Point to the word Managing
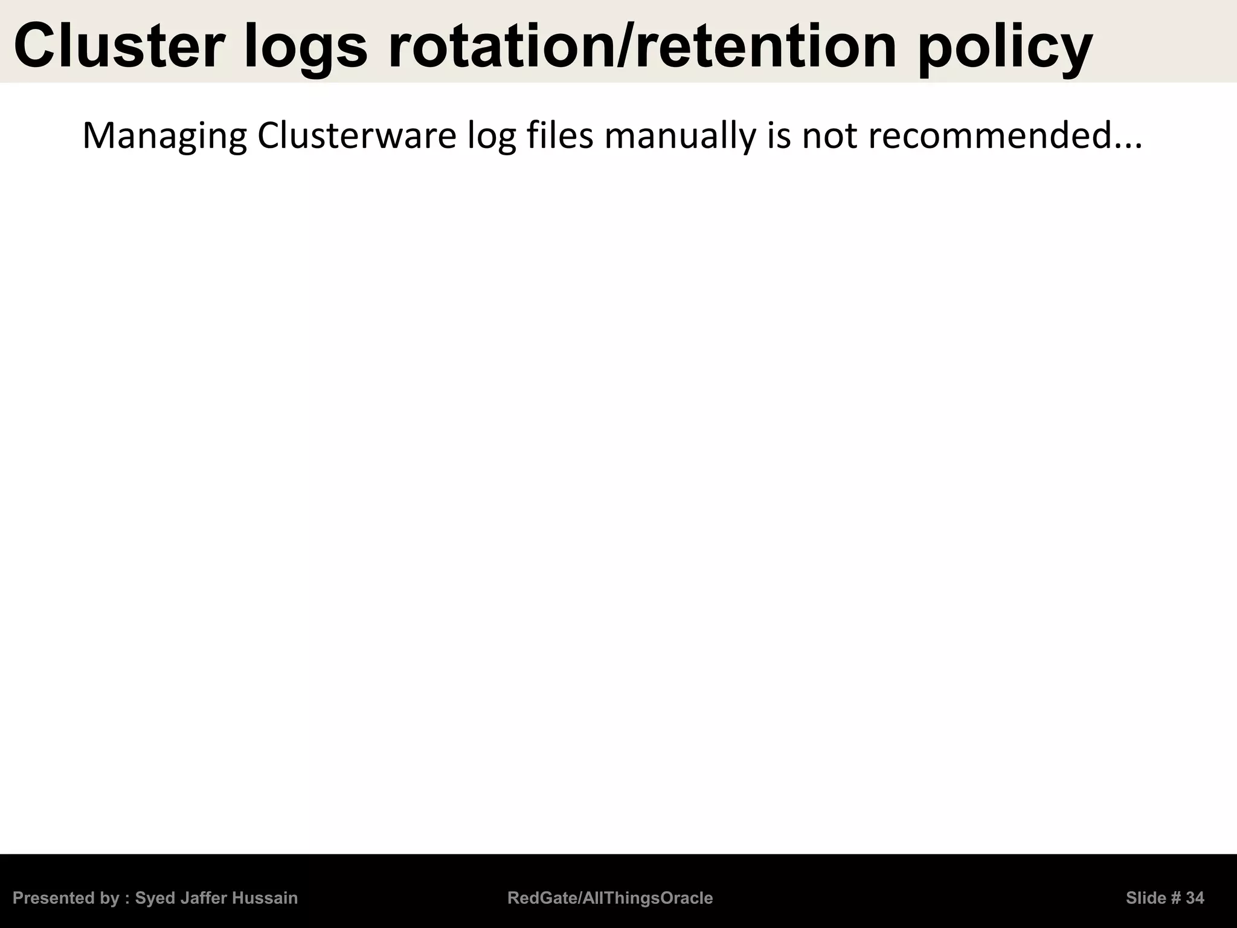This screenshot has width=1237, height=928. click(x=164, y=137)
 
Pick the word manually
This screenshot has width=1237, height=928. click(x=680, y=137)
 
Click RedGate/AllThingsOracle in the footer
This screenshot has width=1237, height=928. click(x=610, y=898)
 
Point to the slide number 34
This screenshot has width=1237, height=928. click(x=1195, y=898)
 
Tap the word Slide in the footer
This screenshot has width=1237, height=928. click(x=1145, y=898)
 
